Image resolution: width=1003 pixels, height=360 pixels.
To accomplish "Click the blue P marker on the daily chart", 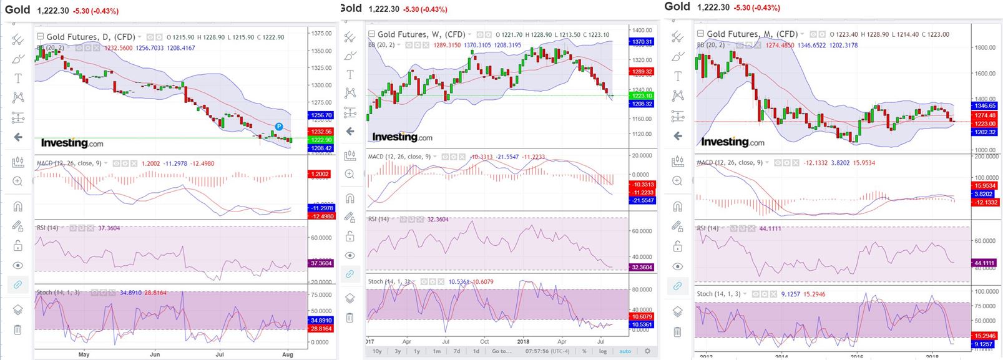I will [x=280, y=127].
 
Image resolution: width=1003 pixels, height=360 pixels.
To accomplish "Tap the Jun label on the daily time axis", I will [x=155, y=354].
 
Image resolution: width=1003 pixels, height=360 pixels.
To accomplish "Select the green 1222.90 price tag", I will [x=321, y=140].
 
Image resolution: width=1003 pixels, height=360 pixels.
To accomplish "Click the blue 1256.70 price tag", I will [x=321, y=115].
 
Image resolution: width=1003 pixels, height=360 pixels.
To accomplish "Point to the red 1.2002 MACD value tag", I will [x=321, y=174].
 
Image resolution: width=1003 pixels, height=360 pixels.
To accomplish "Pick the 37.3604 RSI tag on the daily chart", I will [x=321, y=263].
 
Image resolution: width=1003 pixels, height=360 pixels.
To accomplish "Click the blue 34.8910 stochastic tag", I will [x=321, y=320].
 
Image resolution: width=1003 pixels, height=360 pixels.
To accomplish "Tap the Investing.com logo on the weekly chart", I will [x=402, y=137].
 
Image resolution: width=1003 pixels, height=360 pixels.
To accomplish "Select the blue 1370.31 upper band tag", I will [x=642, y=42].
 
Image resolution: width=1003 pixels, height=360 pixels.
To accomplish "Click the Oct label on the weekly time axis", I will [x=484, y=342].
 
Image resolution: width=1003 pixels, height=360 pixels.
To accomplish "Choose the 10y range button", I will [x=378, y=351].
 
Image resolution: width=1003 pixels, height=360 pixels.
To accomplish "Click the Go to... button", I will [x=501, y=351].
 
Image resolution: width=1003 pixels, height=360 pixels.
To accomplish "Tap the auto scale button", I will [x=625, y=351].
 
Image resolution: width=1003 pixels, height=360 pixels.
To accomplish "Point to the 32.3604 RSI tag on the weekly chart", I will [x=642, y=267].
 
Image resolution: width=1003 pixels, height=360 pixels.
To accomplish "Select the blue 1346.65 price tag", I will [x=985, y=106].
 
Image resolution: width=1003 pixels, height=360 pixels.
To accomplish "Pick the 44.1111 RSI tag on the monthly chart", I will [x=985, y=263].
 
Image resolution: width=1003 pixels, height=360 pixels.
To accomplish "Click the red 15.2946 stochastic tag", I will [x=985, y=336].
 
